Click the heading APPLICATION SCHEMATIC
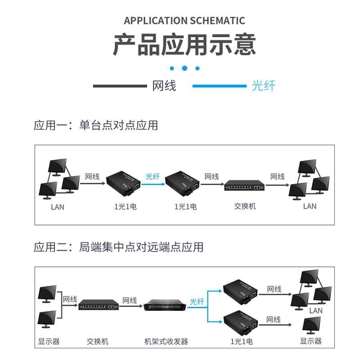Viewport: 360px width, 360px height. coord(184,21)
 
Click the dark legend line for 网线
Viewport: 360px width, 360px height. coord(120,85)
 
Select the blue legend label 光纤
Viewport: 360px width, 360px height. coord(263,85)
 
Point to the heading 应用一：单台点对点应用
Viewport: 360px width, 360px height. coord(96,125)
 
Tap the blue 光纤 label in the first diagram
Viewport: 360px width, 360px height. coord(153,176)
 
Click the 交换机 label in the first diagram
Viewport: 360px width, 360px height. coord(245,206)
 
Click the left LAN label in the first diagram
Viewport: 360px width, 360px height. coord(58,207)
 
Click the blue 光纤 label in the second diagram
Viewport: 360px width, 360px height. coord(197,301)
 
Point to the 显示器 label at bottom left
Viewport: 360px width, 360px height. coord(49,342)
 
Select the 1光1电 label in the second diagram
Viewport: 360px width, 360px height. coord(240,342)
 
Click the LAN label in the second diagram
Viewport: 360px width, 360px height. coord(316,310)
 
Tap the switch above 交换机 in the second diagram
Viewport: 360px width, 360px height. coord(98,306)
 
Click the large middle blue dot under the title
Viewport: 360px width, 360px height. coord(184,68)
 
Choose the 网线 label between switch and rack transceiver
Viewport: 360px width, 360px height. coord(130,300)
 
